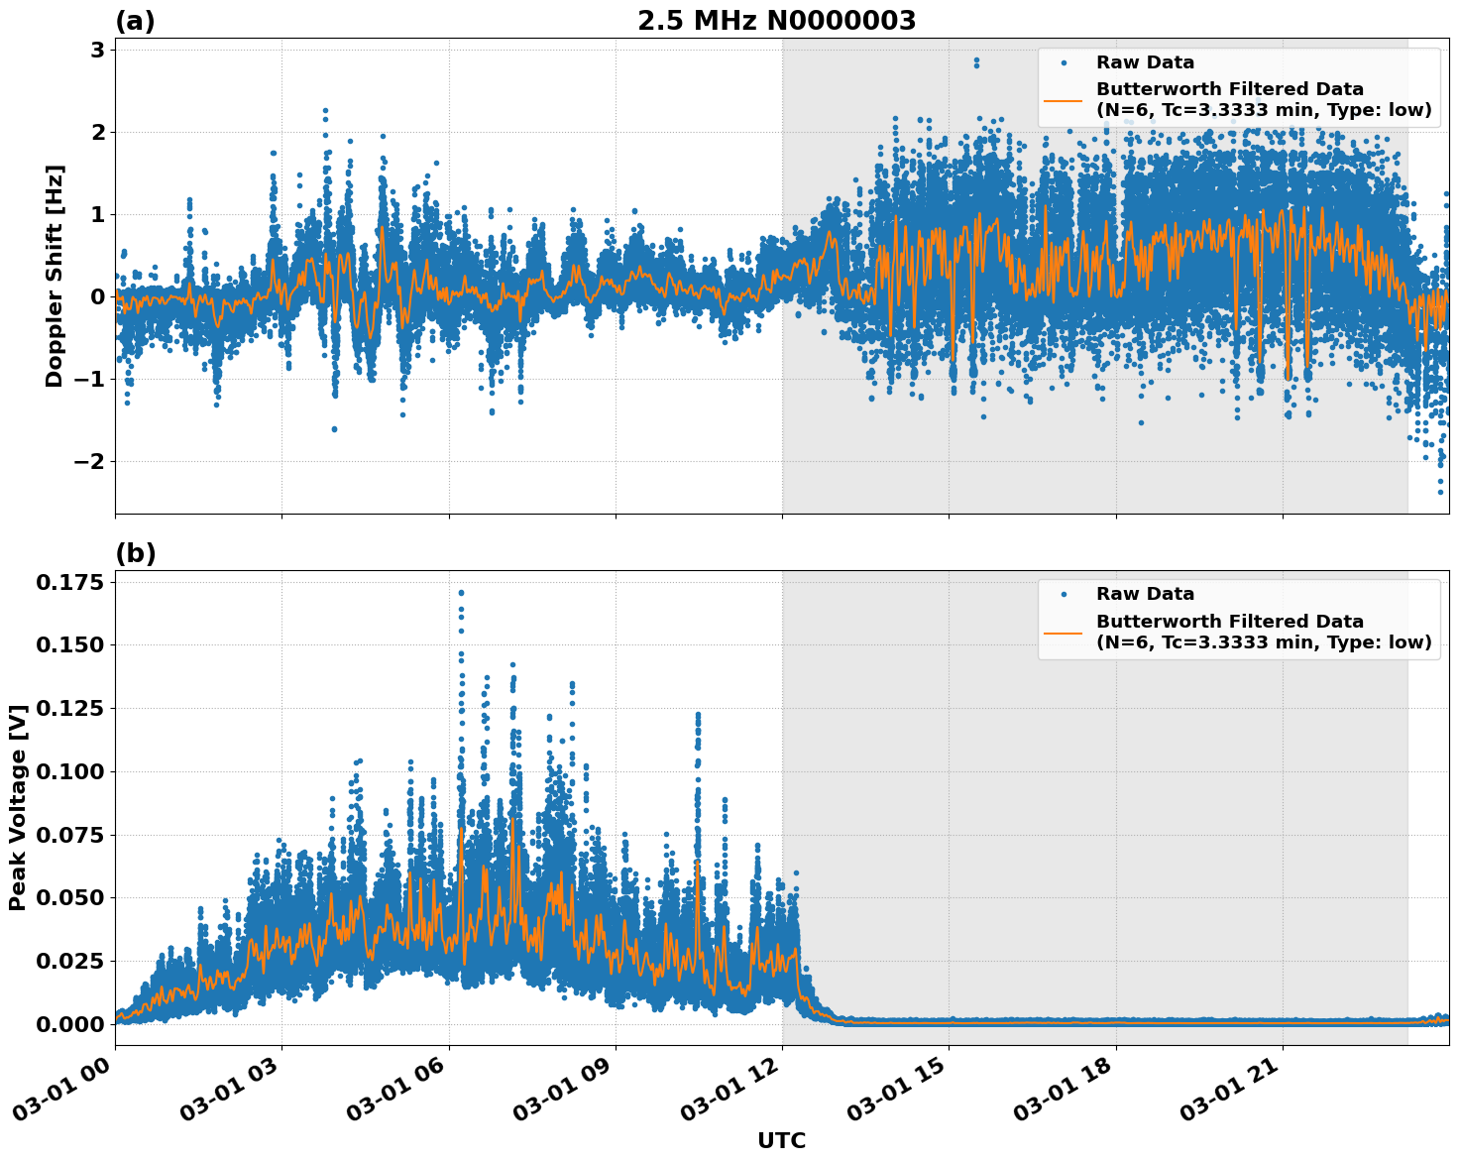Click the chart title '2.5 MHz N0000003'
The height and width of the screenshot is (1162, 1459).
click(x=776, y=21)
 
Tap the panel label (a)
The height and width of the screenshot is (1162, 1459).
click(x=135, y=21)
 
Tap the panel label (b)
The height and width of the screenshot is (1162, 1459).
click(x=135, y=553)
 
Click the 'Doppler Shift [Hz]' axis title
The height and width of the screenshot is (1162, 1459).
click(x=55, y=276)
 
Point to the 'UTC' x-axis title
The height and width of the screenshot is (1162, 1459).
click(x=781, y=1140)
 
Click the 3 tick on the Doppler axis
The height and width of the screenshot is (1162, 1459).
click(x=98, y=50)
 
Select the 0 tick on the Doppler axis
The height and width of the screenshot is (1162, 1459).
click(x=98, y=296)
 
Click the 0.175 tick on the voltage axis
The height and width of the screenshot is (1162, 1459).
click(x=69, y=582)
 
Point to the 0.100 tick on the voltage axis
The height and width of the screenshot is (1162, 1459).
click(x=69, y=771)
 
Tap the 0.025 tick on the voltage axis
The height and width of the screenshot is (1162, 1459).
click(x=69, y=961)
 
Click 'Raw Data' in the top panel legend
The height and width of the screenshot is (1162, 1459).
click(x=1145, y=62)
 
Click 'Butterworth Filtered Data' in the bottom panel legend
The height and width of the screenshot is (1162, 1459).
click(x=1229, y=622)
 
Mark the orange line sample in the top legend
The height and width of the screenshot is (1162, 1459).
click(x=1064, y=99)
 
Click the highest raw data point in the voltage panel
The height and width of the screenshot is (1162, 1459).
click(x=461, y=593)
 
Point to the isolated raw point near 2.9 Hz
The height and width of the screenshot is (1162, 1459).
click(x=976, y=60)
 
